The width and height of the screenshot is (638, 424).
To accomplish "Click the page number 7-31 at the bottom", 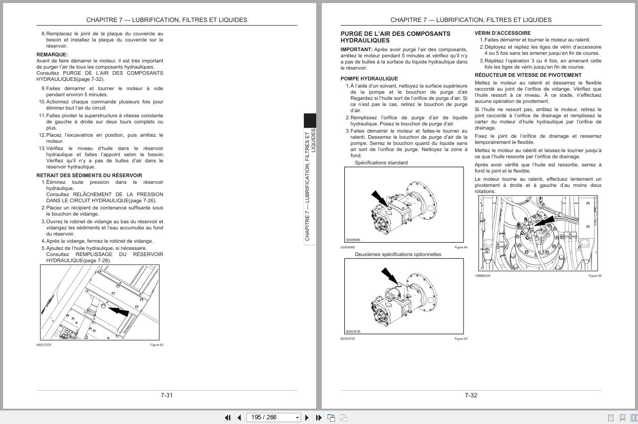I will (x=166, y=395).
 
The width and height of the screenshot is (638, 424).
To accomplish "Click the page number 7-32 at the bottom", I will (x=471, y=395).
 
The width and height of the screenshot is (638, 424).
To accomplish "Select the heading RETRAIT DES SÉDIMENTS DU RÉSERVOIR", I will (x=89, y=175).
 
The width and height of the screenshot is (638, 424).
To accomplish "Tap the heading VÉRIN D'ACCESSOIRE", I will (x=502, y=33).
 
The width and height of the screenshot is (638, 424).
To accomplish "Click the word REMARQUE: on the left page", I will (x=52, y=54).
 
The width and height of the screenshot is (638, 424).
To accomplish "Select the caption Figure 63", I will (x=156, y=345).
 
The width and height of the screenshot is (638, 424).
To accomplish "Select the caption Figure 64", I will (x=460, y=247).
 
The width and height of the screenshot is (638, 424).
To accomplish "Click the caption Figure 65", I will (x=460, y=338).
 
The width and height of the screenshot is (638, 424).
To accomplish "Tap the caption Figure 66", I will (x=595, y=275).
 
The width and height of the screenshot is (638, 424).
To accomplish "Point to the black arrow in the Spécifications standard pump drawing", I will (x=380, y=199).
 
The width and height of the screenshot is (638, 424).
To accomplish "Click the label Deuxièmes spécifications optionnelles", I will (x=398, y=254).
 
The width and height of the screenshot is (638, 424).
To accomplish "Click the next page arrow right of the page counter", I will (x=307, y=417).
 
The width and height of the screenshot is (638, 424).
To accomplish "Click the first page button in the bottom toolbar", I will (x=228, y=417).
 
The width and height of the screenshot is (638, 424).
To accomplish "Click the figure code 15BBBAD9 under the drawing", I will (x=482, y=275).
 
